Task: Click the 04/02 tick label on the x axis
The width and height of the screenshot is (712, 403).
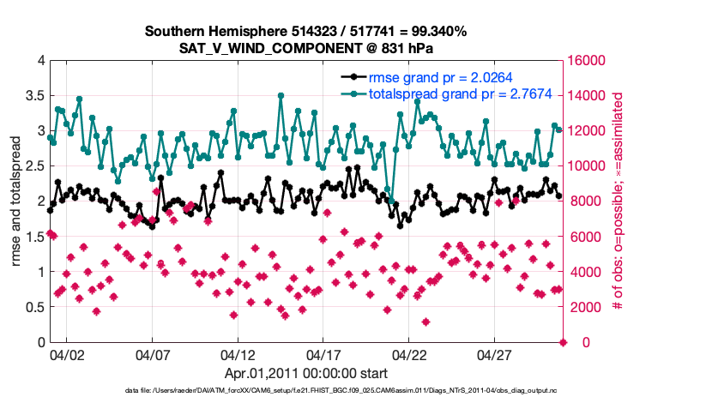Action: [x=67, y=353]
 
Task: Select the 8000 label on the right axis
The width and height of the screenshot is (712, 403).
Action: [x=585, y=201]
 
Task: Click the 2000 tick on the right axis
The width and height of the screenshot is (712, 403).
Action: [x=585, y=307]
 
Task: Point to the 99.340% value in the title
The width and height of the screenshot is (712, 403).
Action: [x=437, y=32]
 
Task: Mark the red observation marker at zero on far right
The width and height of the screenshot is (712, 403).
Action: [x=564, y=342]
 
